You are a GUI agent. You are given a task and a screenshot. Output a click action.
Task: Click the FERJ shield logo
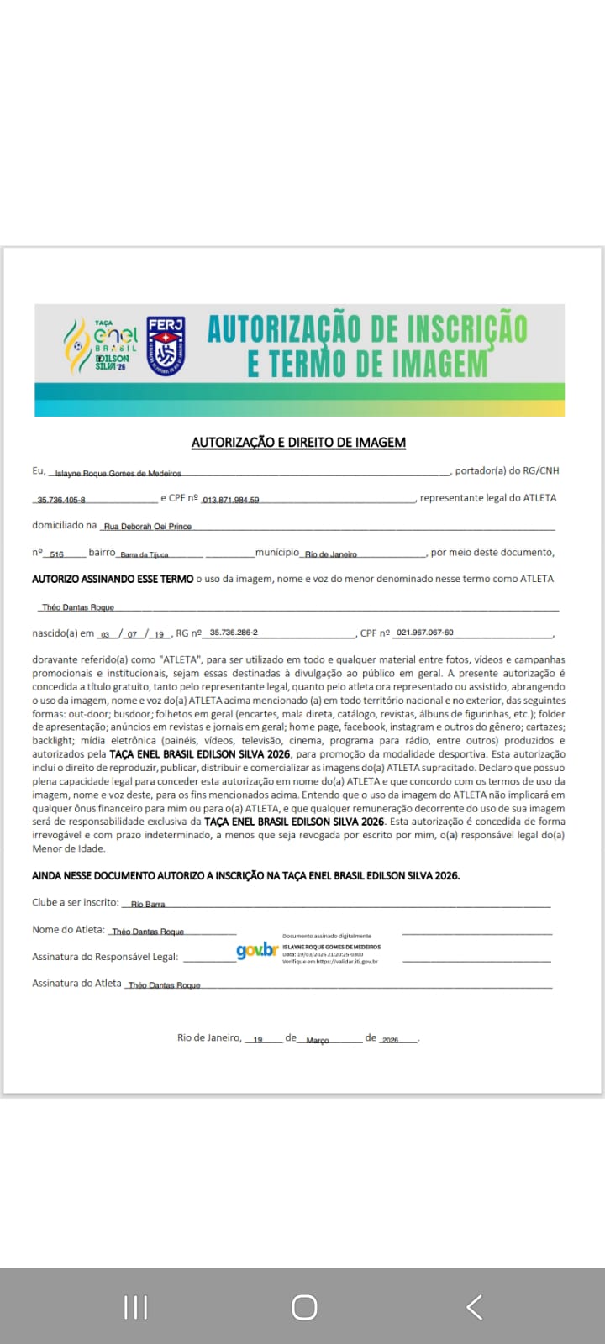click(x=166, y=346)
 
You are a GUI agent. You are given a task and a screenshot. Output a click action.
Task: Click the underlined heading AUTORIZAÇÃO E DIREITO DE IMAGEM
click(x=298, y=443)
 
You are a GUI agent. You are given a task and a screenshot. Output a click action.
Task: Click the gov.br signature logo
click(x=256, y=951)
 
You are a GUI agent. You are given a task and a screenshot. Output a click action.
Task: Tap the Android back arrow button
click(x=474, y=1307)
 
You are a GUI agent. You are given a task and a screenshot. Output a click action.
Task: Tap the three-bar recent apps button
click(x=135, y=1307)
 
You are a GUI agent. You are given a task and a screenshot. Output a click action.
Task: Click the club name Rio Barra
click(x=148, y=905)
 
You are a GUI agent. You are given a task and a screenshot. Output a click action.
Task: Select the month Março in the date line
click(x=318, y=1040)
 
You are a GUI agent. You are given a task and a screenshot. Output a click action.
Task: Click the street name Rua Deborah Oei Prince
click(x=148, y=527)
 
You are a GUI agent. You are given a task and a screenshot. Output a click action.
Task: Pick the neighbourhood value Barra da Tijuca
click(x=144, y=554)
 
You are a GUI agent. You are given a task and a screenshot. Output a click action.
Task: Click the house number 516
click(x=57, y=554)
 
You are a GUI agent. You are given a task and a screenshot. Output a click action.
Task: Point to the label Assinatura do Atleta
click(x=76, y=983)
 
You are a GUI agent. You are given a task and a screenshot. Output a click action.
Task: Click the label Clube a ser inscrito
click(x=76, y=902)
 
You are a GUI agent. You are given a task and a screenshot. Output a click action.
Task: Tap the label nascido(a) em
click(x=63, y=633)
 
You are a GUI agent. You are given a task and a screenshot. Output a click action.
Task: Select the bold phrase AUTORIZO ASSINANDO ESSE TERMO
click(x=113, y=579)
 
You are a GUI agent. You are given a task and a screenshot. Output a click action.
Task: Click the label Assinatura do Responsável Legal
click(x=105, y=956)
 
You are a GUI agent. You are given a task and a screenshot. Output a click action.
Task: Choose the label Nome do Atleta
click(x=68, y=929)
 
